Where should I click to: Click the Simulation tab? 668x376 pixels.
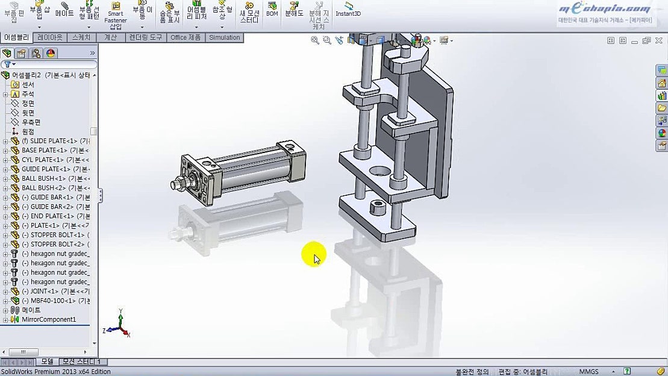[224, 37]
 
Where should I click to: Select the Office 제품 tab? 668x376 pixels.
[186, 37]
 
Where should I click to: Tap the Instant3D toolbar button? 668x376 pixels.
[348, 10]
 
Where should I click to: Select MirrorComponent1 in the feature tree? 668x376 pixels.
[49, 319]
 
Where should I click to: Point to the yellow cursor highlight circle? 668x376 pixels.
[314, 255]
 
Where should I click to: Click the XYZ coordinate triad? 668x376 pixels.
[120, 325]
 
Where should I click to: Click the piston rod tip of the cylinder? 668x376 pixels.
[174, 183]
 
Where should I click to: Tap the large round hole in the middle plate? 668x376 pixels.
[380, 171]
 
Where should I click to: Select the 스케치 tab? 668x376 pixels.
[81, 37]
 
